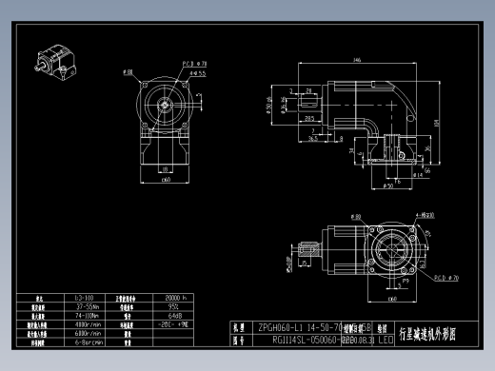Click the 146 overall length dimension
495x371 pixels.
coord(356,60)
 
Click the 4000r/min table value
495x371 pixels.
coord(89,324)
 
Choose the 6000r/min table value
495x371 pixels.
coord(89,333)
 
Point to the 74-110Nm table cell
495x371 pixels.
coord(89,315)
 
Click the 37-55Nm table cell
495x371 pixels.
coord(89,306)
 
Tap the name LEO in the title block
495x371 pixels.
coord(386,338)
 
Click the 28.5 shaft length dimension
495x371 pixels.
coord(310,119)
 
